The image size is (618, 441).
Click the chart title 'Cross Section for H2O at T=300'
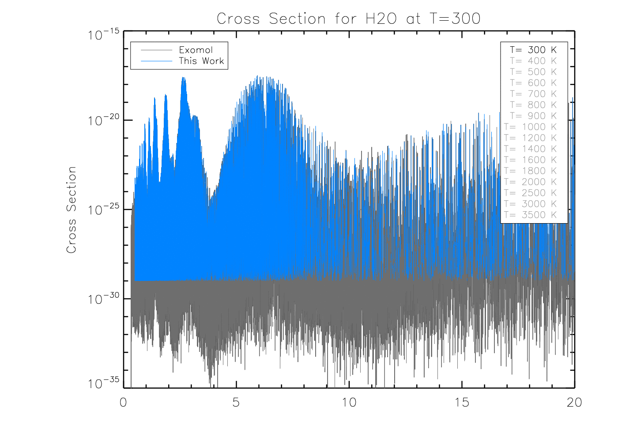click(x=348, y=19)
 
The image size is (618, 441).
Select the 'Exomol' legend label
click(x=196, y=50)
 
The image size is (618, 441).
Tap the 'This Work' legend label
click(x=201, y=61)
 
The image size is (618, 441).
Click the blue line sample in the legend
click(x=156, y=61)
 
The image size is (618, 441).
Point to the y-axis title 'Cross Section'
click(x=72, y=210)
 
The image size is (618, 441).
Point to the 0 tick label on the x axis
click(x=124, y=402)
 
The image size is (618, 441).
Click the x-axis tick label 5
click(x=236, y=402)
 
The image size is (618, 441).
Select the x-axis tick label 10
click(x=349, y=402)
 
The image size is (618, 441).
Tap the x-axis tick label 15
click(x=462, y=402)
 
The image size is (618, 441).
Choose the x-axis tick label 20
click(x=574, y=402)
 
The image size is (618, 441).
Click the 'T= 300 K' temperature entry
click(x=533, y=50)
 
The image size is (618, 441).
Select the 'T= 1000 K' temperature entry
click(x=531, y=127)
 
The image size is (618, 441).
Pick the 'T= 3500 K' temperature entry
click(x=531, y=215)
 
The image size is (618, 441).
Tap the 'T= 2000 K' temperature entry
click(x=531, y=182)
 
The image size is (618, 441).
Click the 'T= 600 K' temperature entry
click(x=533, y=83)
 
